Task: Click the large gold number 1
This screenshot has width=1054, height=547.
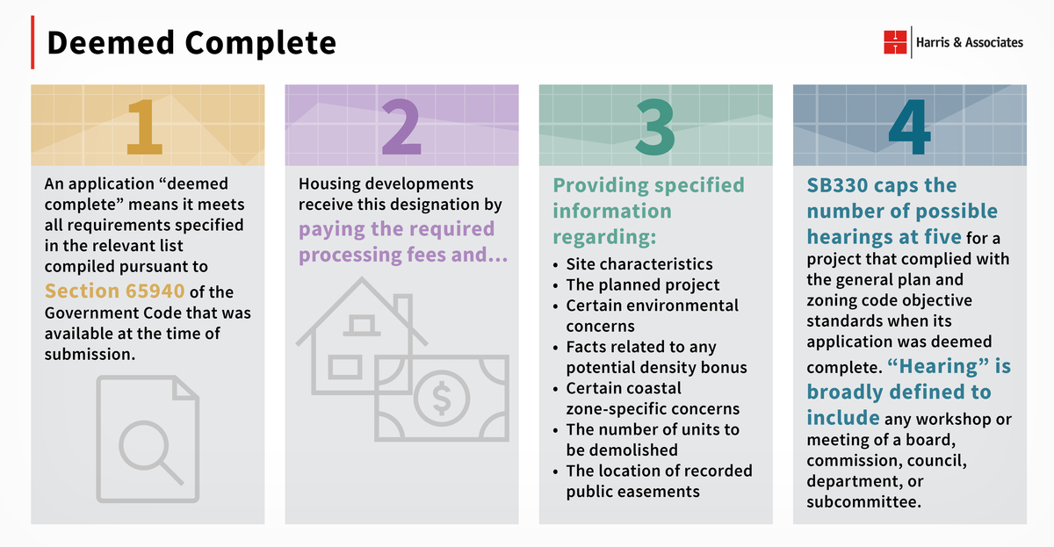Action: click(x=144, y=126)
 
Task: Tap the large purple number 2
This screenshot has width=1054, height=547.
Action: click(x=401, y=126)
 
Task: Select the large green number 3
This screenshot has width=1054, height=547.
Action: click(x=655, y=127)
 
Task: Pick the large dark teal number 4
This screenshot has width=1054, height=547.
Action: click(x=909, y=126)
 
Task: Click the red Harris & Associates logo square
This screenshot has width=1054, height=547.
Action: click(x=895, y=42)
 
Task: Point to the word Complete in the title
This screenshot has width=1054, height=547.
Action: click(x=260, y=43)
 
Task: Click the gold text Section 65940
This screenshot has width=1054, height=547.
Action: click(x=114, y=291)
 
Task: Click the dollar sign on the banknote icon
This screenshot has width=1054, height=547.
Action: click(x=442, y=398)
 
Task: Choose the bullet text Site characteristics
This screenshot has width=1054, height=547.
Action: click(x=639, y=264)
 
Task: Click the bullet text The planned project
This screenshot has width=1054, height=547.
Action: click(x=643, y=285)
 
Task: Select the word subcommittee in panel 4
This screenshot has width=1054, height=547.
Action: click(x=863, y=502)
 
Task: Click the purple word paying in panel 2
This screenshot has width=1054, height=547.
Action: click(x=332, y=230)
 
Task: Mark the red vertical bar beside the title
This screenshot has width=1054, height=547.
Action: click(x=32, y=42)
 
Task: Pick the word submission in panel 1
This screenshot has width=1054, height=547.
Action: click(x=90, y=354)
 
